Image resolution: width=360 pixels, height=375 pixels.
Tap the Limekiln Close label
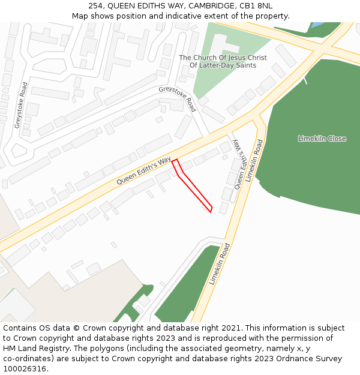[322, 139]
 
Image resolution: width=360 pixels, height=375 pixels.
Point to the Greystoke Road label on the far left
[20, 105]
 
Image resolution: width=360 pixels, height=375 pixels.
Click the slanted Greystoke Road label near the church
[178, 98]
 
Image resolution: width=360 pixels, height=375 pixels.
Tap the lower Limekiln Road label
[220, 264]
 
